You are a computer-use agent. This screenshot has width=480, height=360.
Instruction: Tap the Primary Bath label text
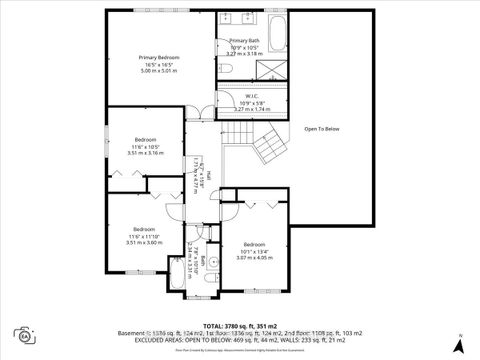pos(245,46)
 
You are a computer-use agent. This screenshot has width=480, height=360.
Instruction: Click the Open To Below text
pos(322,128)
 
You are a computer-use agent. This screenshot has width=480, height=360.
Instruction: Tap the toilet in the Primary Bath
pos(227,67)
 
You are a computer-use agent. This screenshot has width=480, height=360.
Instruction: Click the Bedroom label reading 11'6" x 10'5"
pos(145,146)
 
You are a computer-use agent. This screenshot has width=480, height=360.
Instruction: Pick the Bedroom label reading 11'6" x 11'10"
pos(145,235)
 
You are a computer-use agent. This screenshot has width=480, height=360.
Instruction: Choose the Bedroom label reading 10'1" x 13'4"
pos(253,251)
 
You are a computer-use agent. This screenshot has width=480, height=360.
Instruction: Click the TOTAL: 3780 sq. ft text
pos(240,326)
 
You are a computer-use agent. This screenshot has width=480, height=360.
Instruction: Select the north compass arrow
pos(457,344)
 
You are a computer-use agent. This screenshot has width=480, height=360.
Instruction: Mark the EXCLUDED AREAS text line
pos(240,340)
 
